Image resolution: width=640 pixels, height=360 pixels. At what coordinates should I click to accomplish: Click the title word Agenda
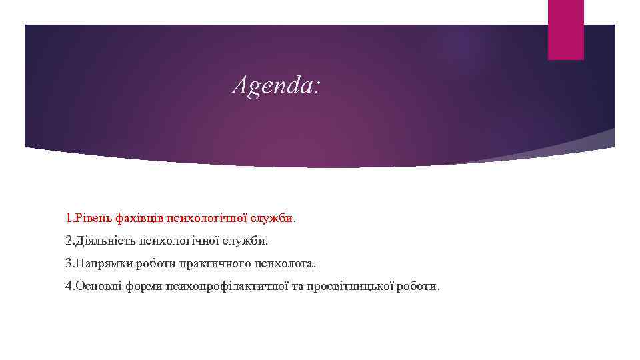[x=275, y=86]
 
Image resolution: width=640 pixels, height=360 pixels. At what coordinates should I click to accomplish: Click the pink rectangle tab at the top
[x=565, y=29]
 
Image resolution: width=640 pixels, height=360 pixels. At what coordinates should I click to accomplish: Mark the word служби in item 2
[x=252, y=240]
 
